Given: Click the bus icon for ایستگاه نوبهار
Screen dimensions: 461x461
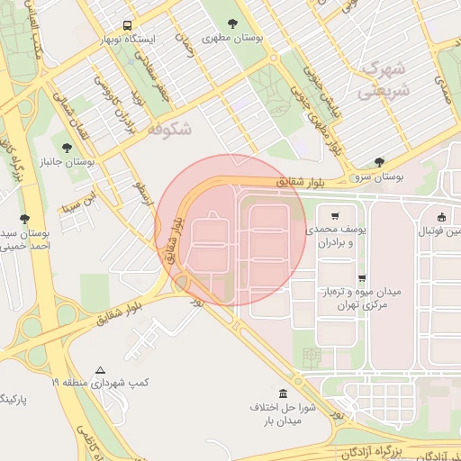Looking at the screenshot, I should (x=127, y=25).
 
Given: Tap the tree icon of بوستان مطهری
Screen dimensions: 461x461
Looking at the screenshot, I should (x=232, y=24).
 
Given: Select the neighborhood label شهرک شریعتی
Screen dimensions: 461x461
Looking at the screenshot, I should (x=383, y=79).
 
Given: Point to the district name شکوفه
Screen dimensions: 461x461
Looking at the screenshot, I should (x=168, y=129).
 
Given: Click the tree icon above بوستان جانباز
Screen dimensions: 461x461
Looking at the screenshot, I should (x=67, y=145).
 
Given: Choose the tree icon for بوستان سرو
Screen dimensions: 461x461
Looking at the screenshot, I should (x=378, y=162).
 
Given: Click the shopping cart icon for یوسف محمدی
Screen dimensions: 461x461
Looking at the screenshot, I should (x=335, y=216).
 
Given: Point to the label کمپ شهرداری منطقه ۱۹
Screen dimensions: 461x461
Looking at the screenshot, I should (x=99, y=384).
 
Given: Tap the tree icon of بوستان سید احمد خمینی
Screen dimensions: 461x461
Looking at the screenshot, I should (x=24, y=219).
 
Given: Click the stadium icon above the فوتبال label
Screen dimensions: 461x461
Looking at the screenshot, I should (x=441, y=216).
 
